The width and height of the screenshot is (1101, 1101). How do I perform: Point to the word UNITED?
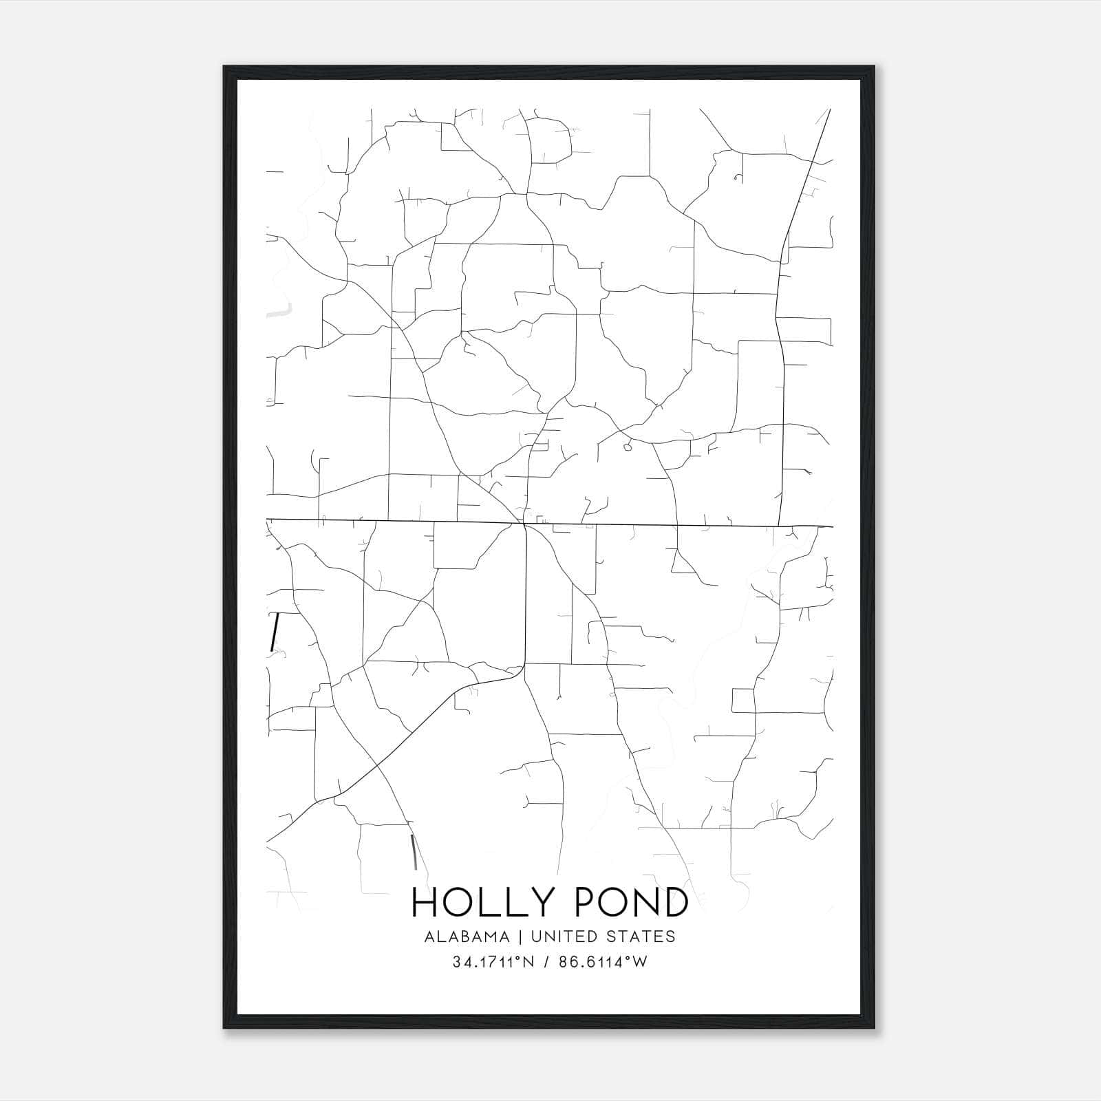coord(558,937)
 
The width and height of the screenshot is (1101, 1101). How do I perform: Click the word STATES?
coord(639,937)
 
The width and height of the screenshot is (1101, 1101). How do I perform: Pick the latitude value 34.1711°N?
coord(493,963)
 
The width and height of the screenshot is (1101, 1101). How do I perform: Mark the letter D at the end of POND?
coord(673,902)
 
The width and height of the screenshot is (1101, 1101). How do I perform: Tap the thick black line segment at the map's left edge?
coord(275,632)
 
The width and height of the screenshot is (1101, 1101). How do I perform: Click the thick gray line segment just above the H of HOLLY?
coord(414,851)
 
